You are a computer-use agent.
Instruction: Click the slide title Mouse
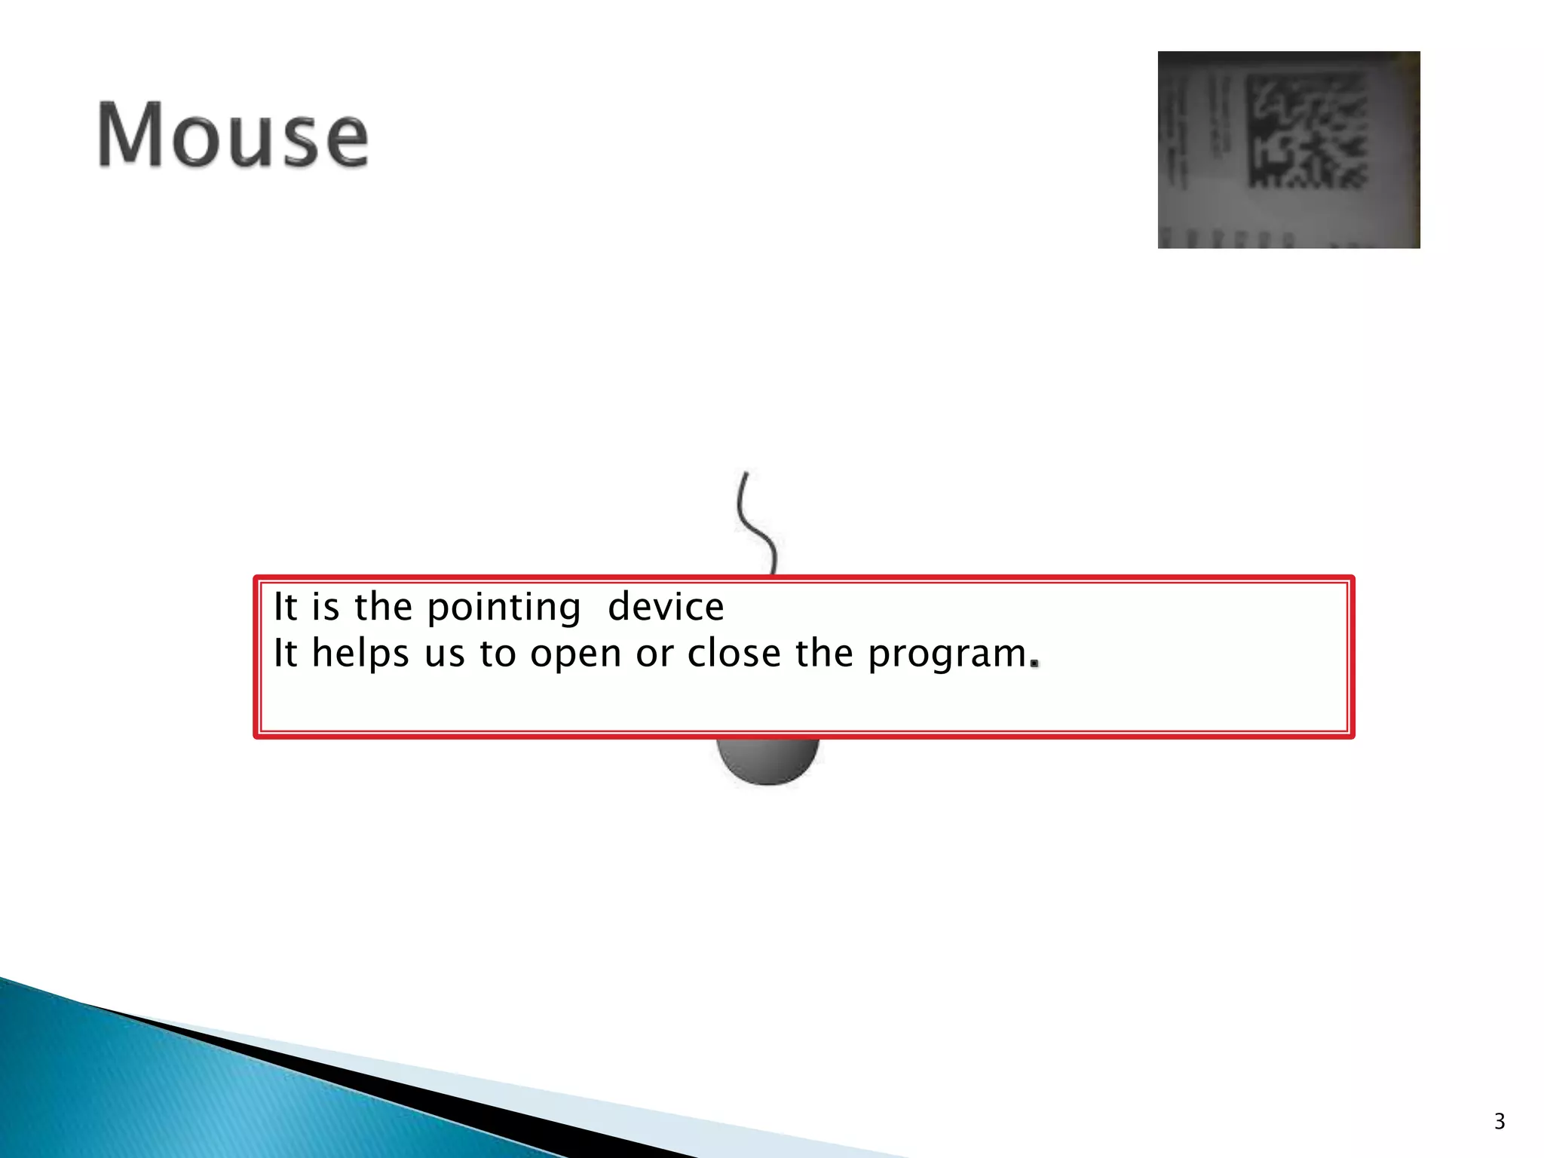tap(233, 136)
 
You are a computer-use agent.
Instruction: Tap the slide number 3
tap(1499, 1122)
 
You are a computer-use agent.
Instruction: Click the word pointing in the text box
tap(504, 608)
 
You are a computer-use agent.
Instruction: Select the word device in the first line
tap(666, 607)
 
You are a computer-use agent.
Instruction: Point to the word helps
tap(360, 653)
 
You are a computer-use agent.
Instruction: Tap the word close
tap(734, 653)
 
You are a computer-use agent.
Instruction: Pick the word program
tap(947, 654)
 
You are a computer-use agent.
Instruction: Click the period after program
tap(1036, 664)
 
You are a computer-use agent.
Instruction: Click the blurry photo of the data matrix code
tap(1288, 149)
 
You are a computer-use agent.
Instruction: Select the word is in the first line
tap(325, 607)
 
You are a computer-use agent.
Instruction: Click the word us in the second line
tap(443, 654)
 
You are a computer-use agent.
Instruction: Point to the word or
tap(654, 654)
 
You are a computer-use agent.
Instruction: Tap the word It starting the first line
tap(285, 607)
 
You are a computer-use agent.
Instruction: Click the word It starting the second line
tap(285, 653)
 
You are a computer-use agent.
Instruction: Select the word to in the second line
tap(497, 654)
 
